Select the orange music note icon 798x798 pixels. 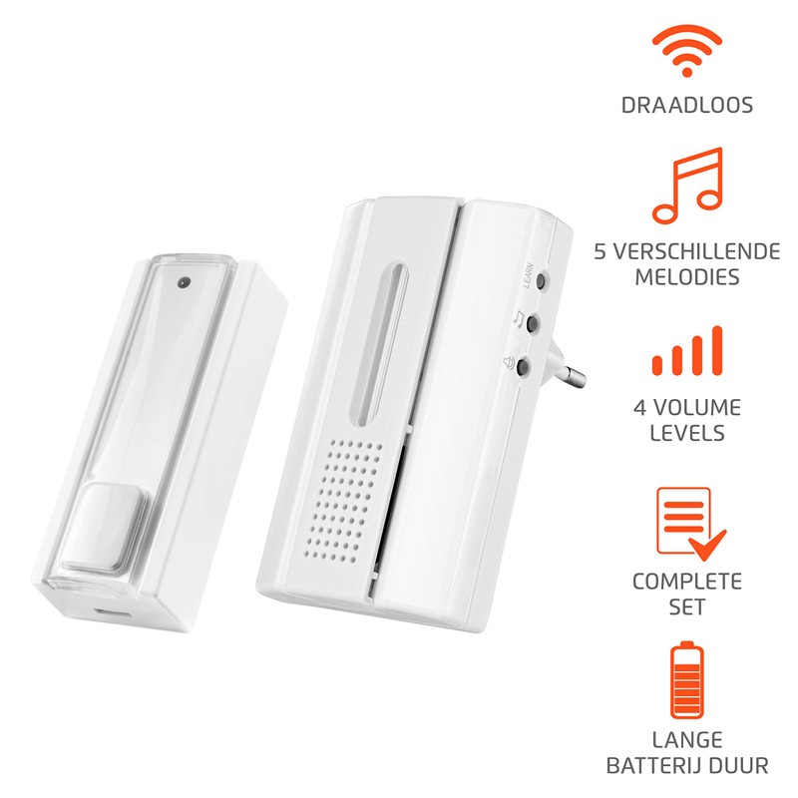(686, 185)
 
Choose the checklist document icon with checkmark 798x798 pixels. (684, 518)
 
